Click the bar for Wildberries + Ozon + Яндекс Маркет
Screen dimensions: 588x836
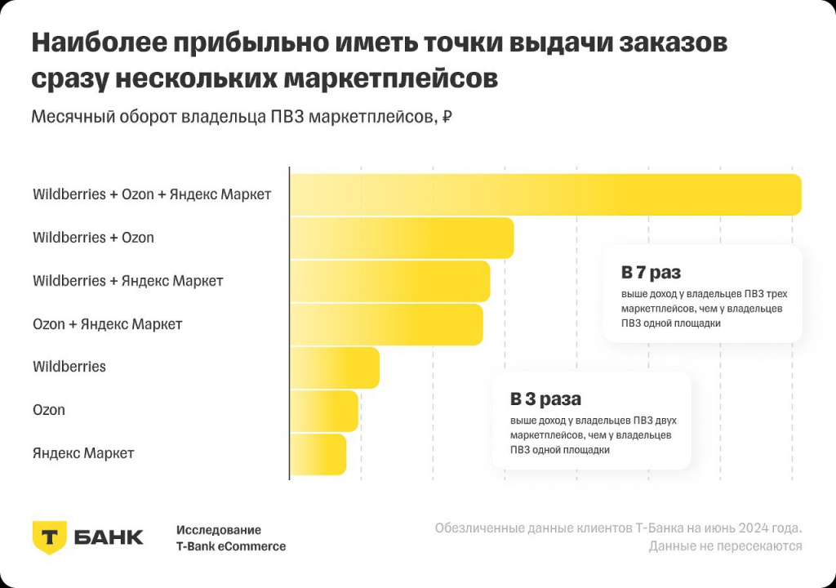(x=545, y=195)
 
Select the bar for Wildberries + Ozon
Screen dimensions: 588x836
(x=402, y=238)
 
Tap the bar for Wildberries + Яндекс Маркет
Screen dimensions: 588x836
(x=390, y=281)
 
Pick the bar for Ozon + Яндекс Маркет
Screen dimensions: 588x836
(x=386, y=324)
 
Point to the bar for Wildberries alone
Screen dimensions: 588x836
(x=335, y=367)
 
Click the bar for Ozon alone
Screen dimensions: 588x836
(x=324, y=410)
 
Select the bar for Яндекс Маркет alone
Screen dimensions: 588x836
(x=318, y=453)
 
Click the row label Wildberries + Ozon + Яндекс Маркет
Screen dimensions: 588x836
(x=152, y=195)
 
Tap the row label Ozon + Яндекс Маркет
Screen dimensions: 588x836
(x=107, y=324)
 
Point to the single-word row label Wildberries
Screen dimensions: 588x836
(x=69, y=367)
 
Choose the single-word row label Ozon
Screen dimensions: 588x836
(x=49, y=410)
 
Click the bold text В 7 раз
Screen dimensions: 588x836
(x=651, y=272)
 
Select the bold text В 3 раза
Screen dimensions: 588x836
(x=545, y=399)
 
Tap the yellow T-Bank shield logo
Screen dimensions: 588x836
(x=49, y=537)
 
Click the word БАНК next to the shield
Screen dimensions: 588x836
(x=109, y=537)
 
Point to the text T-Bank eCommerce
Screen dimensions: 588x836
(x=231, y=546)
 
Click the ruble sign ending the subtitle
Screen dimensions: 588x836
(x=447, y=117)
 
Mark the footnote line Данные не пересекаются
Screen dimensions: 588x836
(x=725, y=546)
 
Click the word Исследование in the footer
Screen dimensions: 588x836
(x=219, y=530)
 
